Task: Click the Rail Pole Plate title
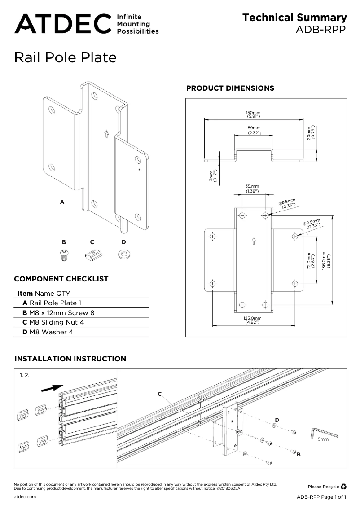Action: [x=66, y=58]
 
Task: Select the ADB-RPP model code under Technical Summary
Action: [x=321, y=30]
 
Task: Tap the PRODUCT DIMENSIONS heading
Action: [x=230, y=88]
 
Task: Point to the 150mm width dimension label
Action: [x=253, y=114]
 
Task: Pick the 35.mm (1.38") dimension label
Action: [x=252, y=189]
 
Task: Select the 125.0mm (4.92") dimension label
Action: [x=254, y=320]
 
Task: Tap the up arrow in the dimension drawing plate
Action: [x=254, y=241]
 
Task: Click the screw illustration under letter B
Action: [x=64, y=254]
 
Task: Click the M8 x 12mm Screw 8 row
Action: [x=58, y=312]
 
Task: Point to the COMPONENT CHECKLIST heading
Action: [x=61, y=279]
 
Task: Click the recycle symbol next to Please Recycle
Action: [x=343, y=486]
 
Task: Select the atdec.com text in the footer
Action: [x=25, y=497]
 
